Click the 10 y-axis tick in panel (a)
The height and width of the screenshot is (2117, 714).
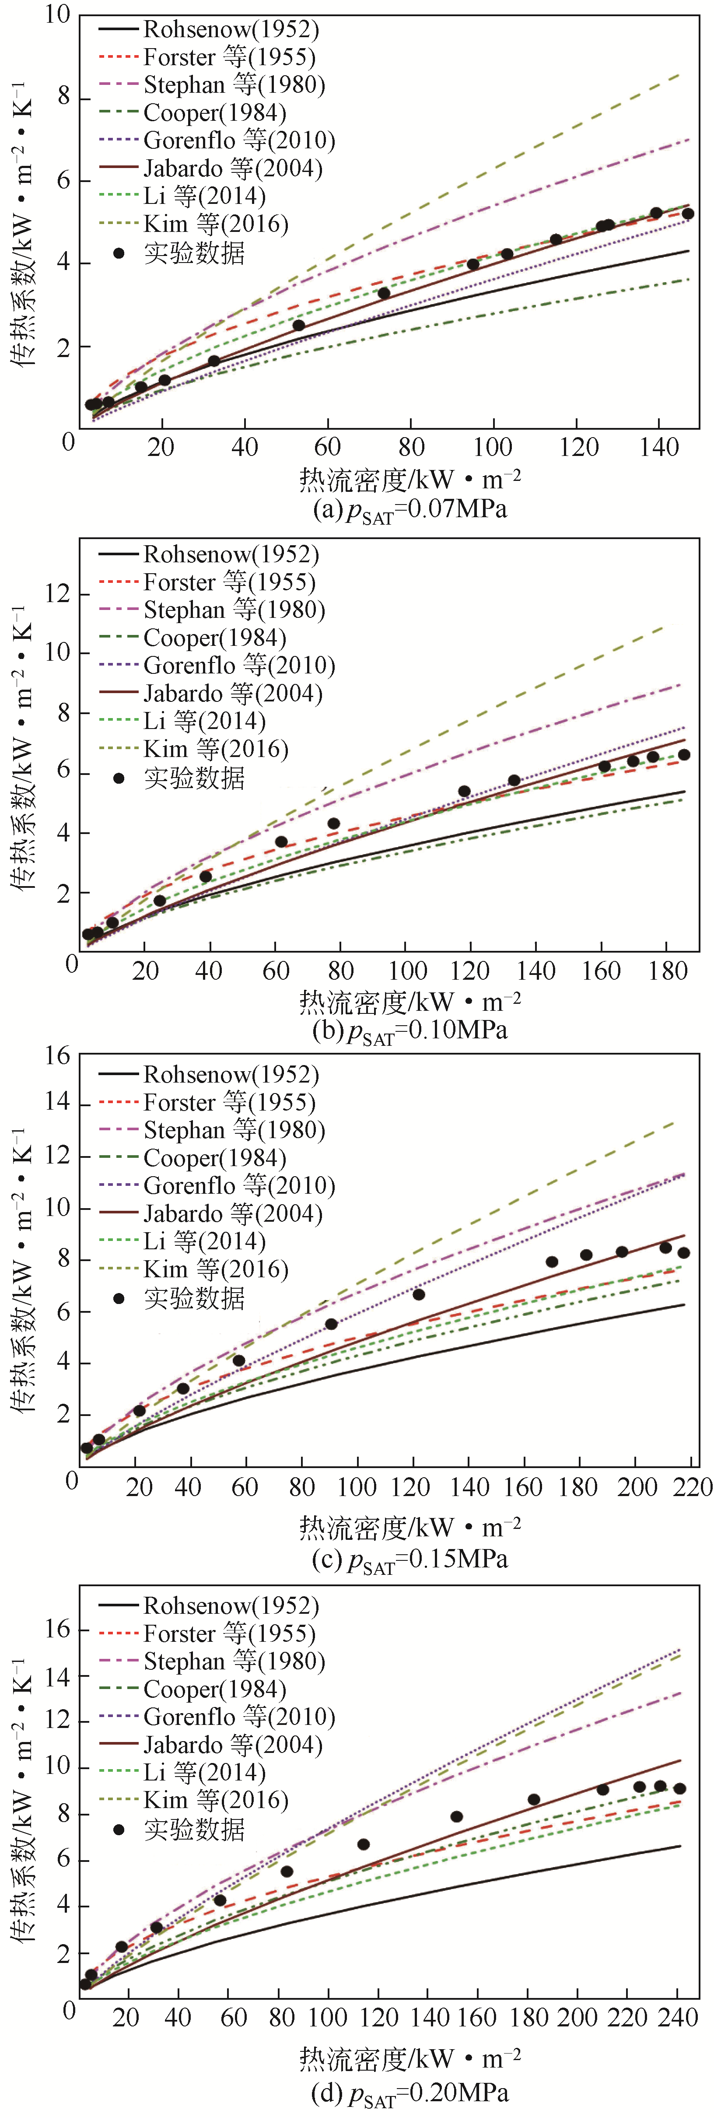pos(57,15)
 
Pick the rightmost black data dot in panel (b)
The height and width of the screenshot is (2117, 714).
pos(684,754)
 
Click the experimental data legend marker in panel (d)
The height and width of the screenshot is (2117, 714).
pos(119,1830)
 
